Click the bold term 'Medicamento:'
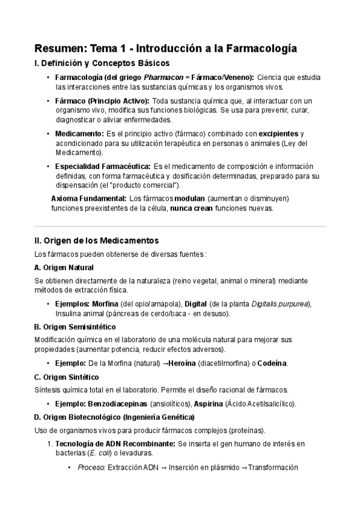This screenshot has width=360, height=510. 79,133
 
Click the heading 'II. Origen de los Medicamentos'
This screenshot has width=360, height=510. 97,239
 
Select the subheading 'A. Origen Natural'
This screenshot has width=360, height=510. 64,267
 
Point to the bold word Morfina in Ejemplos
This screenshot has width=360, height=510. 103,303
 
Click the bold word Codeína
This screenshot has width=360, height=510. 271,363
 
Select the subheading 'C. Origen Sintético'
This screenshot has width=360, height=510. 67,377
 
